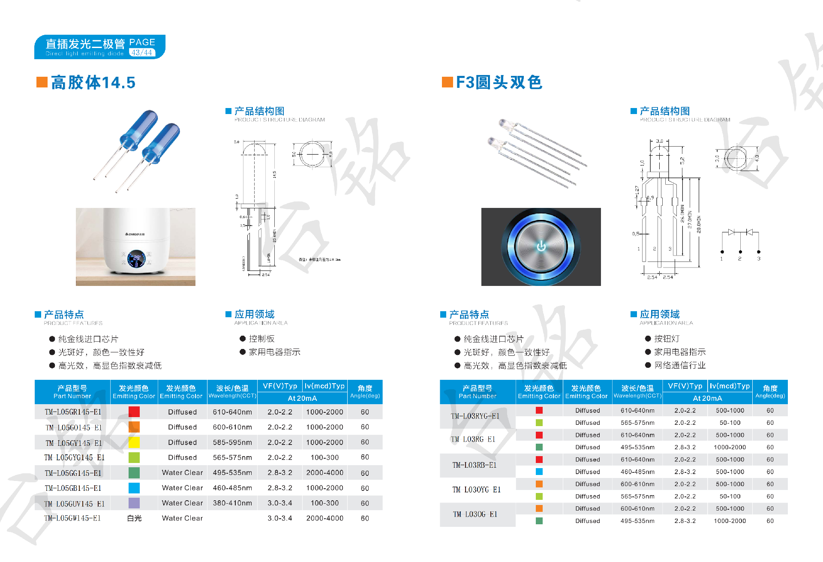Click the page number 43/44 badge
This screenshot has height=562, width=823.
[x=142, y=53]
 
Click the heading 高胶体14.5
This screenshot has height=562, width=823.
[x=93, y=82]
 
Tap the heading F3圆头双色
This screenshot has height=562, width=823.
[x=499, y=82]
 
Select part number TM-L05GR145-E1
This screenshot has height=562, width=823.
[x=73, y=412]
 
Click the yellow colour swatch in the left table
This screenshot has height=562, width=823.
[x=134, y=442]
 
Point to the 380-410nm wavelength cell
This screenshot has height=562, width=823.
[x=232, y=503]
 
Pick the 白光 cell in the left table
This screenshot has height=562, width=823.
[x=134, y=518]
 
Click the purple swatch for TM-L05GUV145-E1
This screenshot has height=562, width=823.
[x=134, y=503]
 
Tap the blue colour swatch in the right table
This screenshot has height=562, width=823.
[x=539, y=472]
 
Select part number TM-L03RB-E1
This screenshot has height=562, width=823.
[x=475, y=465]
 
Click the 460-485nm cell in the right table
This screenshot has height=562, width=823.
[x=637, y=472]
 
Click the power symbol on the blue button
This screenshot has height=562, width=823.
[x=541, y=246]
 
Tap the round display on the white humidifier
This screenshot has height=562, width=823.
[x=136, y=259]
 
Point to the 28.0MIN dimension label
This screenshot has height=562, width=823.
[x=699, y=224]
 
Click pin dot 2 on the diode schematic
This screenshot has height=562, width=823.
[x=740, y=252]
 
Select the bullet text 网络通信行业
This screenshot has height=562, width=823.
[x=680, y=365]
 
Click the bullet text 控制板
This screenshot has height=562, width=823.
[x=261, y=339]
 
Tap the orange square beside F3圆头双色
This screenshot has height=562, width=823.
[x=448, y=82]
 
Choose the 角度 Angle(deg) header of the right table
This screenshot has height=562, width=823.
[x=770, y=391]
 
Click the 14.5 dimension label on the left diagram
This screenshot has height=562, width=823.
[x=274, y=174]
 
